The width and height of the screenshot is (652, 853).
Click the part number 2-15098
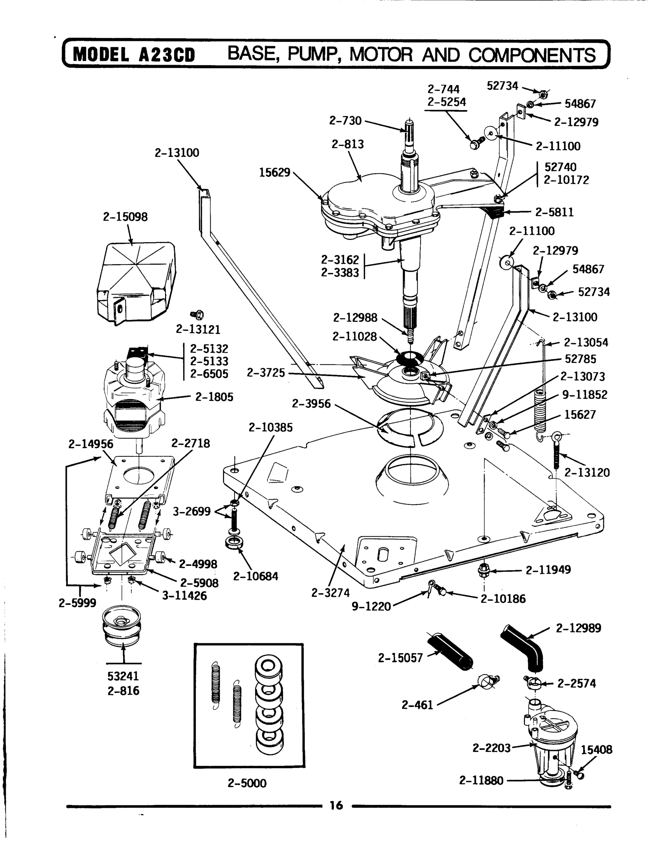pyautogui.click(x=125, y=217)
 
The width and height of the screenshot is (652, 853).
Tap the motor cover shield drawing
pyautogui.click(x=136, y=281)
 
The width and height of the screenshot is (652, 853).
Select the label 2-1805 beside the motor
pyautogui.click(x=214, y=397)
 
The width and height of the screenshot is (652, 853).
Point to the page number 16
pyautogui.click(x=336, y=805)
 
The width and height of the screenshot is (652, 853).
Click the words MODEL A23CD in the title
pyautogui.click(x=134, y=55)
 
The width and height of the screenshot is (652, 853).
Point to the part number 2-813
pyautogui.click(x=348, y=144)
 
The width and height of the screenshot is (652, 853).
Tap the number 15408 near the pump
pyautogui.click(x=596, y=750)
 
